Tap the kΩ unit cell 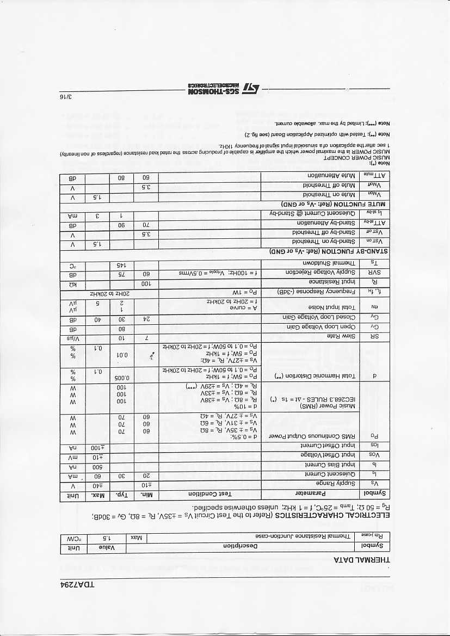tap(72, 283)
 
